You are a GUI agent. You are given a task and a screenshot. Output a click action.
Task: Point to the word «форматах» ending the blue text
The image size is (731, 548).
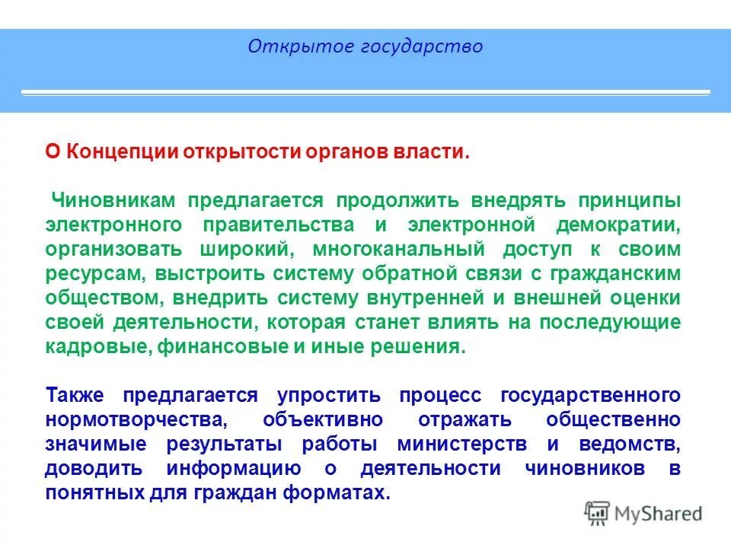click(x=343, y=493)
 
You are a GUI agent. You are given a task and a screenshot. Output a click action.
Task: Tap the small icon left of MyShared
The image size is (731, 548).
click(x=597, y=513)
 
